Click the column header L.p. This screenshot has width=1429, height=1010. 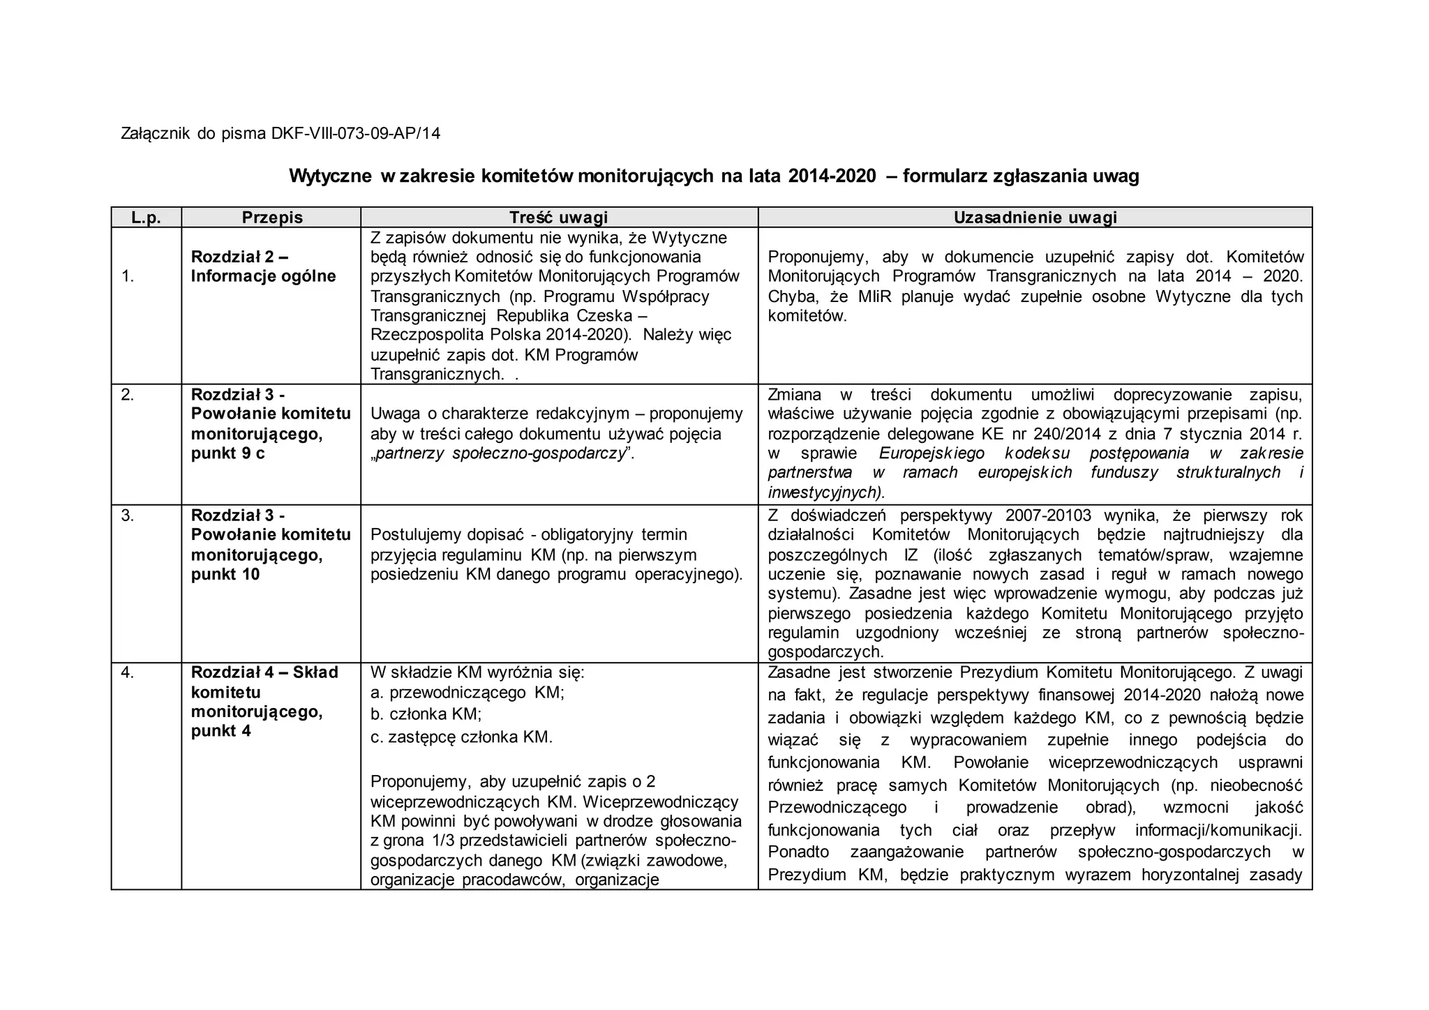tap(146, 218)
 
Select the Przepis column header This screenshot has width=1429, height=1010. tap(272, 218)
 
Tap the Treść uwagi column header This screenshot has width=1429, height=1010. tap(558, 218)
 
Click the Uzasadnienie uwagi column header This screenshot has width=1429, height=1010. tap(1035, 218)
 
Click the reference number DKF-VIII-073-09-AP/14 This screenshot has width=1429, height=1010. tap(356, 133)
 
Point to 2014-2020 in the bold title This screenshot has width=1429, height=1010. tap(832, 176)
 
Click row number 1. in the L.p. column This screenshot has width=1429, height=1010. tap(128, 276)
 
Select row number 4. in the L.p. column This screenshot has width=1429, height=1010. tap(127, 672)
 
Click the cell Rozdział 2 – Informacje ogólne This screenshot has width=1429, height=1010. tap(263, 266)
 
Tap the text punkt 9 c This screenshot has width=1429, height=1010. tap(227, 453)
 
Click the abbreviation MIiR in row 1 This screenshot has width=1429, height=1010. tap(875, 296)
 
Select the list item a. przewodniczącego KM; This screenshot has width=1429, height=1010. tap(467, 693)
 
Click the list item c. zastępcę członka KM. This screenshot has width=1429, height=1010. tap(461, 737)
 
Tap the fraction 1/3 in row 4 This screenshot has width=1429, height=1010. tap(443, 841)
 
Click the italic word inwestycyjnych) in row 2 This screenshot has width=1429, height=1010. tap(825, 492)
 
